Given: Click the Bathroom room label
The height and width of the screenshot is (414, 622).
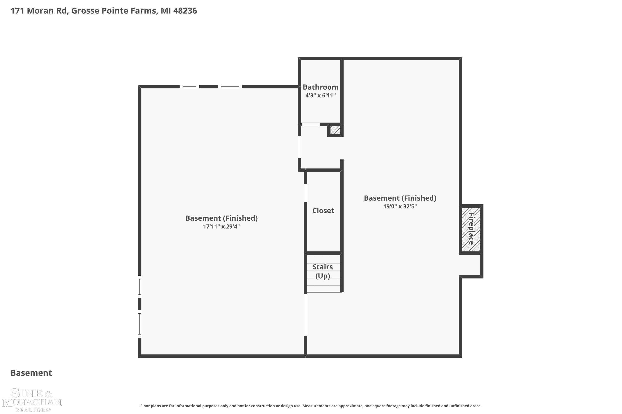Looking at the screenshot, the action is [321, 87].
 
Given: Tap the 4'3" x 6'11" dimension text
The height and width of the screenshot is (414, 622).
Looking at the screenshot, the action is [321, 95].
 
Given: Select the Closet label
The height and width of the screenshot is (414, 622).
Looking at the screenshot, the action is [323, 211].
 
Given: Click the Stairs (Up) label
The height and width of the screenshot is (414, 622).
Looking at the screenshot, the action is [323, 271].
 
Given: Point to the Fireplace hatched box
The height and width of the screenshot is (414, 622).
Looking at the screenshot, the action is [471, 229].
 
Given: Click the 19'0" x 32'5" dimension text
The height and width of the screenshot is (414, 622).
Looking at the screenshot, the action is [400, 206].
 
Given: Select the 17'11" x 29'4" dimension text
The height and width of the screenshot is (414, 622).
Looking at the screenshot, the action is [221, 226].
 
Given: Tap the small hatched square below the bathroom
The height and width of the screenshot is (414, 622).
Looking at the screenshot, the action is [335, 130].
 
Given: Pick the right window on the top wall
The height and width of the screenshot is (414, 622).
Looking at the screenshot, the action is [230, 86].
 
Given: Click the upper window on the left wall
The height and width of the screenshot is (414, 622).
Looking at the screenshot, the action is [139, 287].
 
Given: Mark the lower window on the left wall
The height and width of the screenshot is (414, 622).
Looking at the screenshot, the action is [139, 324].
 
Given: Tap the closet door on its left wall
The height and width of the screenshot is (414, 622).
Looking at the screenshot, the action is [305, 193].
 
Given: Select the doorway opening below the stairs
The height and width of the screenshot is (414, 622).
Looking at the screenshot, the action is [305, 315].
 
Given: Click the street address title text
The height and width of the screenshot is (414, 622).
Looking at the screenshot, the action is [104, 11].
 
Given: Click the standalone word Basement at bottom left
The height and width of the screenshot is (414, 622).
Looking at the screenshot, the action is [31, 373].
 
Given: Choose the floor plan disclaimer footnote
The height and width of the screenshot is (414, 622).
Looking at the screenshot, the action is [311, 406].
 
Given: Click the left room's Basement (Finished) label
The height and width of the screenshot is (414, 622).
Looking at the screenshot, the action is [221, 218].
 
